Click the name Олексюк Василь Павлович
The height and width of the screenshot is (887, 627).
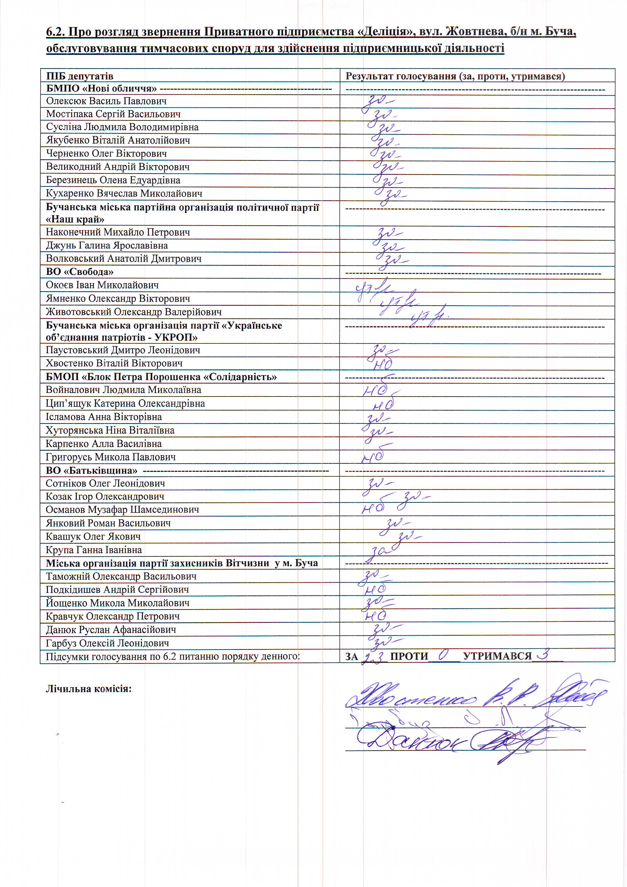coord(106,101)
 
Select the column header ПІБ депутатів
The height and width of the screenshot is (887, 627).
coord(80,76)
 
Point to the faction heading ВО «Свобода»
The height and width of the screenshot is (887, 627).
coord(80,272)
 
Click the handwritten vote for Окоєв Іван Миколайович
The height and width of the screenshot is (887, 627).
coord(373,287)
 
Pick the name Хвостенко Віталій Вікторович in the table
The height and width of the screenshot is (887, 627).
coord(114,363)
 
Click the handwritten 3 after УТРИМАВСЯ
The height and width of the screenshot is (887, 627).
coord(545,654)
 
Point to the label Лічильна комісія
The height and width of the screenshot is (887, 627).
coord(89,689)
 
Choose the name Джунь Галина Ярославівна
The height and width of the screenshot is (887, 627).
coord(107,245)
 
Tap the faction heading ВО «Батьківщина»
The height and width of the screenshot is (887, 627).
coord(92,471)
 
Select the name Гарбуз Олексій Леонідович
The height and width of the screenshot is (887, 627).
coord(107,643)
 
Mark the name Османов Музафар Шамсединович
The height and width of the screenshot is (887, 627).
coord(122,510)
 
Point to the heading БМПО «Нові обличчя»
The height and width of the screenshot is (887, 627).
coord(101,88)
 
